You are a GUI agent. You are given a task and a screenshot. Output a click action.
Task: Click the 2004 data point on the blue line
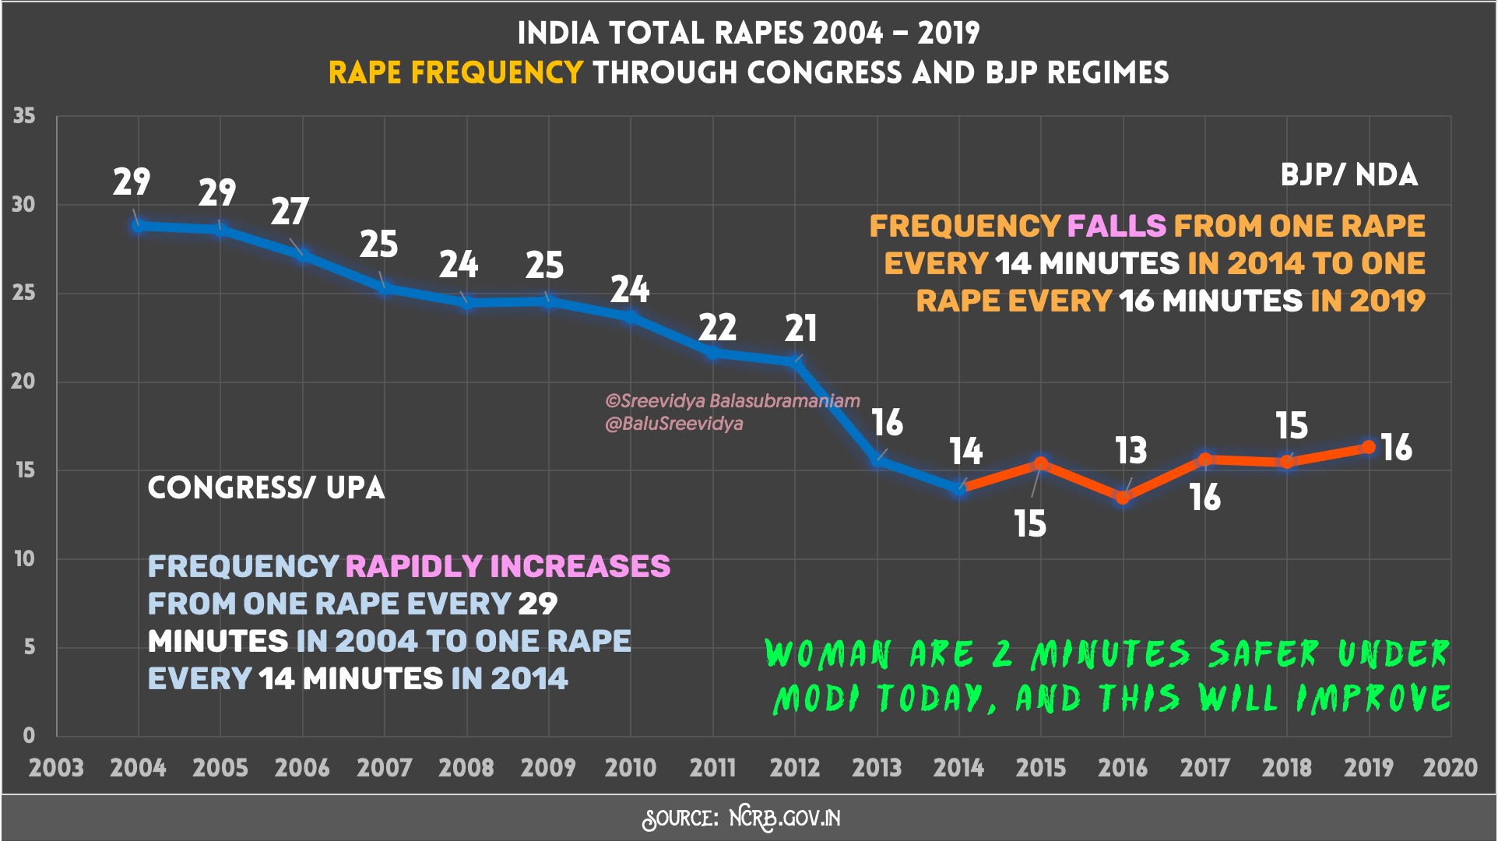coord(139,226)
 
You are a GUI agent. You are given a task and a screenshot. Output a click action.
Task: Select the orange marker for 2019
coord(1369,447)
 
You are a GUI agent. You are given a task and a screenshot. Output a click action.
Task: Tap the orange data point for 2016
coord(1123,498)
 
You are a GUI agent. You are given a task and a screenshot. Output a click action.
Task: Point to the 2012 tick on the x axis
coord(795,768)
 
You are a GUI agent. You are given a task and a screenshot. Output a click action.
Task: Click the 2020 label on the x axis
coord(1450,768)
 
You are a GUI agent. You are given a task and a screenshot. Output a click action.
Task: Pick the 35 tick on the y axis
coord(24,116)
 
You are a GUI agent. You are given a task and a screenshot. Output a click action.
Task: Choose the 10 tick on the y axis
coord(24,559)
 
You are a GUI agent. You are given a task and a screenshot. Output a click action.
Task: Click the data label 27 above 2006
coord(290,211)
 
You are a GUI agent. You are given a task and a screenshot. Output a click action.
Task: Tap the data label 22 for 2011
coord(717,328)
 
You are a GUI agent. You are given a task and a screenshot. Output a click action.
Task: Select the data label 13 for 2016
coord(1131,451)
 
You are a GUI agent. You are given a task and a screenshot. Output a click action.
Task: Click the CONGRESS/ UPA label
coord(266,488)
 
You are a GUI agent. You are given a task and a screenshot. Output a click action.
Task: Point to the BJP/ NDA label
coord(1349,175)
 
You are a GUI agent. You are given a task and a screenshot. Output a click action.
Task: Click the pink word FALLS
coord(1116,226)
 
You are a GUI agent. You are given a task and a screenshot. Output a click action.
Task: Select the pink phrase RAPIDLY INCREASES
coord(508,566)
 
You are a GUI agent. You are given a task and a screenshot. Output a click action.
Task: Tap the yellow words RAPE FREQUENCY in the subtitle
coord(455,72)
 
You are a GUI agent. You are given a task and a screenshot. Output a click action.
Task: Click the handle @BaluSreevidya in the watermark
coord(674,424)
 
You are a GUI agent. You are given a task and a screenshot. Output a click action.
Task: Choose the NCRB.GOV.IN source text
coord(785,818)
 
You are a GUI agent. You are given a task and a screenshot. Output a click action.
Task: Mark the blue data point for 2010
coord(631,316)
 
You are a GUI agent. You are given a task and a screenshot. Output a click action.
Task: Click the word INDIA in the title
coord(557,33)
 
